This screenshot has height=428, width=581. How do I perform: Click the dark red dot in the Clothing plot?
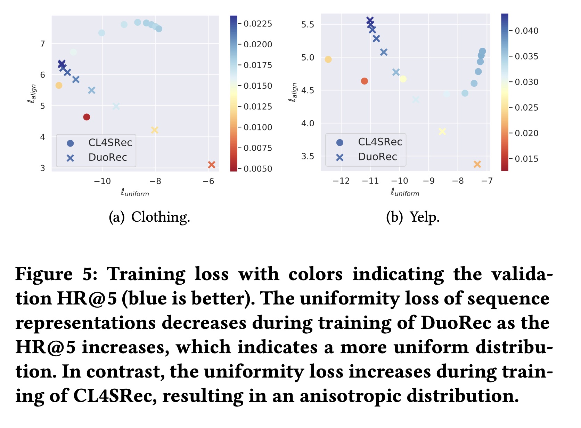click(87, 117)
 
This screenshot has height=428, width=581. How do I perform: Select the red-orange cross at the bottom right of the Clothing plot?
click(211, 165)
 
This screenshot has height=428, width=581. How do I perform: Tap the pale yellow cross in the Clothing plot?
click(155, 130)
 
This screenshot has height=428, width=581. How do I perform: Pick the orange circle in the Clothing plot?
click(59, 85)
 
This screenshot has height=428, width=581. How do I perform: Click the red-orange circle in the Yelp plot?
click(364, 81)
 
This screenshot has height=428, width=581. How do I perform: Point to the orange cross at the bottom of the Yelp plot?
click(477, 164)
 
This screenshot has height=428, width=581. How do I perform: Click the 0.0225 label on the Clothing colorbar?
click(257, 24)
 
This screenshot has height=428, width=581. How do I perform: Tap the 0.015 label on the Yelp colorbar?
click(526, 159)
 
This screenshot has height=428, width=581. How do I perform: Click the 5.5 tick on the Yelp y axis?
click(308, 24)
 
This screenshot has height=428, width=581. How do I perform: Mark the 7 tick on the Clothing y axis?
click(43, 44)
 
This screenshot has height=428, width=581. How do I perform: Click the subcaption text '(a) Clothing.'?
click(149, 217)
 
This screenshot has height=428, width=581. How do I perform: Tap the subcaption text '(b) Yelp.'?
click(413, 217)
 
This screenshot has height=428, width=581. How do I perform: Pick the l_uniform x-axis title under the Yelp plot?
click(405, 192)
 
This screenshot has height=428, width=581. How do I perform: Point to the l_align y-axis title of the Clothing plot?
click(32, 94)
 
